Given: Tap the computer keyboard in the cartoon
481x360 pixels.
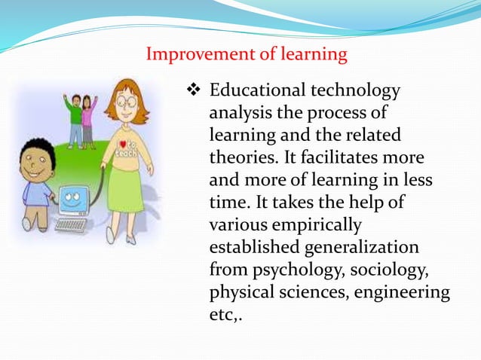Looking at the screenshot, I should coord(71,224).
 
